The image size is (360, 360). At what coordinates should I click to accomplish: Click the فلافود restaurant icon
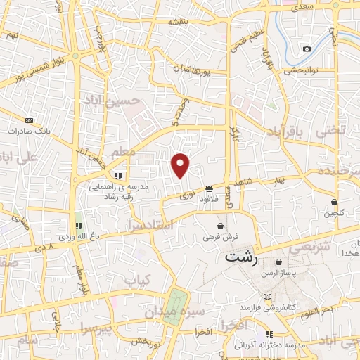(210, 188)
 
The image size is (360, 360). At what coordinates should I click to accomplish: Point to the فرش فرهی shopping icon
(222, 226)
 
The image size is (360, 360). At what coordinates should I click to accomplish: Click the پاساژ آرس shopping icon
(279, 262)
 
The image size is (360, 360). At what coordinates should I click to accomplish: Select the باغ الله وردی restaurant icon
(79, 226)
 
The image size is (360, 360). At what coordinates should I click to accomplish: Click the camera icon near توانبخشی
(307, 49)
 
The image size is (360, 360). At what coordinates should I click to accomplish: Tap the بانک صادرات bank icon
(29, 120)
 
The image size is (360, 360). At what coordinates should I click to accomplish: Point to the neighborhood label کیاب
(138, 280)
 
